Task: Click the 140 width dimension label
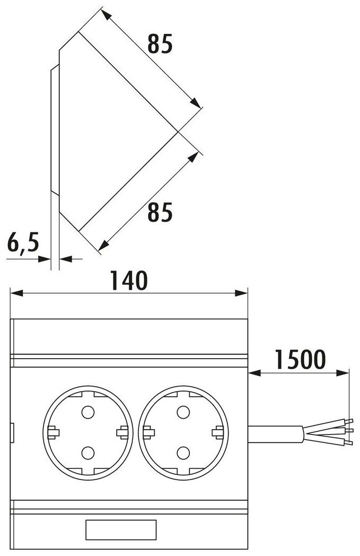tap(128, 281)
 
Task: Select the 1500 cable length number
tap(300, 359)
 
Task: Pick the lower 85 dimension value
tap(160, 213)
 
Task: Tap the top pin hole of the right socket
tap(183, 412)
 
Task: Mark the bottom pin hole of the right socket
tap(183, 453)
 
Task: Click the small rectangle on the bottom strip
tap(121, 530)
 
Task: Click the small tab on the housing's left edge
tap(12, 432)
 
